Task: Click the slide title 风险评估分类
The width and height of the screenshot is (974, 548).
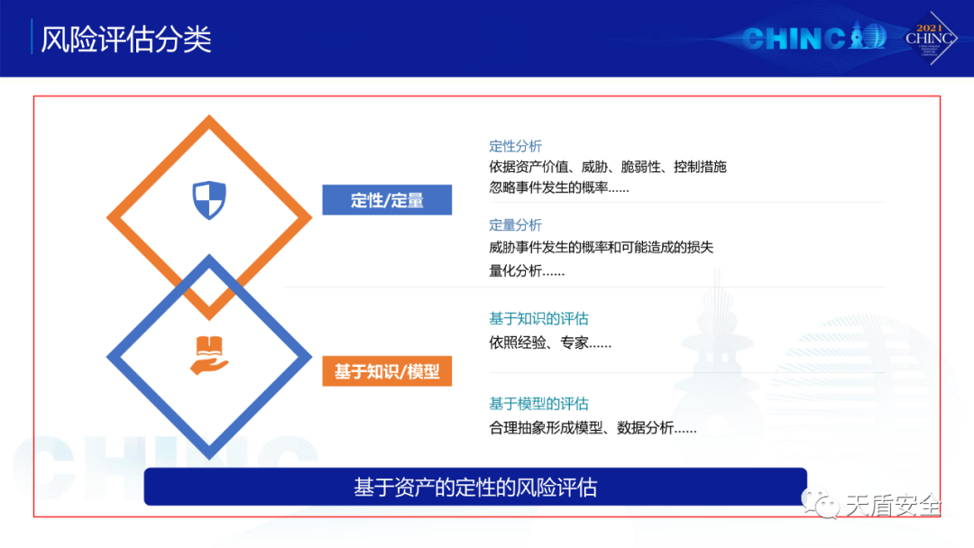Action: pyautogui.click(x=126, y=39)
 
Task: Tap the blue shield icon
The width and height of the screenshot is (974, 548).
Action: pyautogui.click(x=208, y=200)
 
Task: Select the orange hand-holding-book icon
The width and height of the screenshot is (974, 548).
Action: pyautogui.click(x=209, y=355)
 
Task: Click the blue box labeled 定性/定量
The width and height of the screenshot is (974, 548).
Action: pyautogui.click(x=387, y=200)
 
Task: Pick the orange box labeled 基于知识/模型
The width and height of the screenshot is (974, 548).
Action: pyautogui.click(x=387, y=371)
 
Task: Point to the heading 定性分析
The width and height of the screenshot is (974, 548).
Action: pyautogui.click(x=516, y=147)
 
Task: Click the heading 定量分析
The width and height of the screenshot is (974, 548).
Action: pyautogui.click(x=516, y=225)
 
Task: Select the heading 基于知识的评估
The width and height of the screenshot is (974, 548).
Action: pyautogui.click(x=538, y=319)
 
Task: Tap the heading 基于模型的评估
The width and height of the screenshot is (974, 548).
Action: pyautogui.click(x=538, y=404)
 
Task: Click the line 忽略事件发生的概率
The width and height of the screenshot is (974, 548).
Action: pyautogui.click(x=559, y=187)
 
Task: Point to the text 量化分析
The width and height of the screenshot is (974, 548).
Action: pyautogui.click(x=527, y=270)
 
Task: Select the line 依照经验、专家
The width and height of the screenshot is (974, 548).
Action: pyautogui.click(x=550, y=342)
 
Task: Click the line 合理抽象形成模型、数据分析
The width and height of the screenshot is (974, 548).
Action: pyautogui.click(x=593, y=427)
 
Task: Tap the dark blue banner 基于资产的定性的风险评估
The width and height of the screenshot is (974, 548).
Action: pyautogui.click(x=475, y=488)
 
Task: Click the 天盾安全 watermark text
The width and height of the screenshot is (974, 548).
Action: pyautogui.click(x=893, y=506)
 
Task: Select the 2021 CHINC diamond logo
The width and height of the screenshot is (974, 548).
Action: pyautogui.click(x=930, y=39)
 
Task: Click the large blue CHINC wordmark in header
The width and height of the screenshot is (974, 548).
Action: pyautogui.click(x=813, y=37)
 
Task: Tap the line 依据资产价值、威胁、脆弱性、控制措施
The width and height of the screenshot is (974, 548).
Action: pyautogui.click(x=608, y=167)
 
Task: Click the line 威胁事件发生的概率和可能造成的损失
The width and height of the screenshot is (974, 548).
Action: pyautogui.click(x=602, y=248)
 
